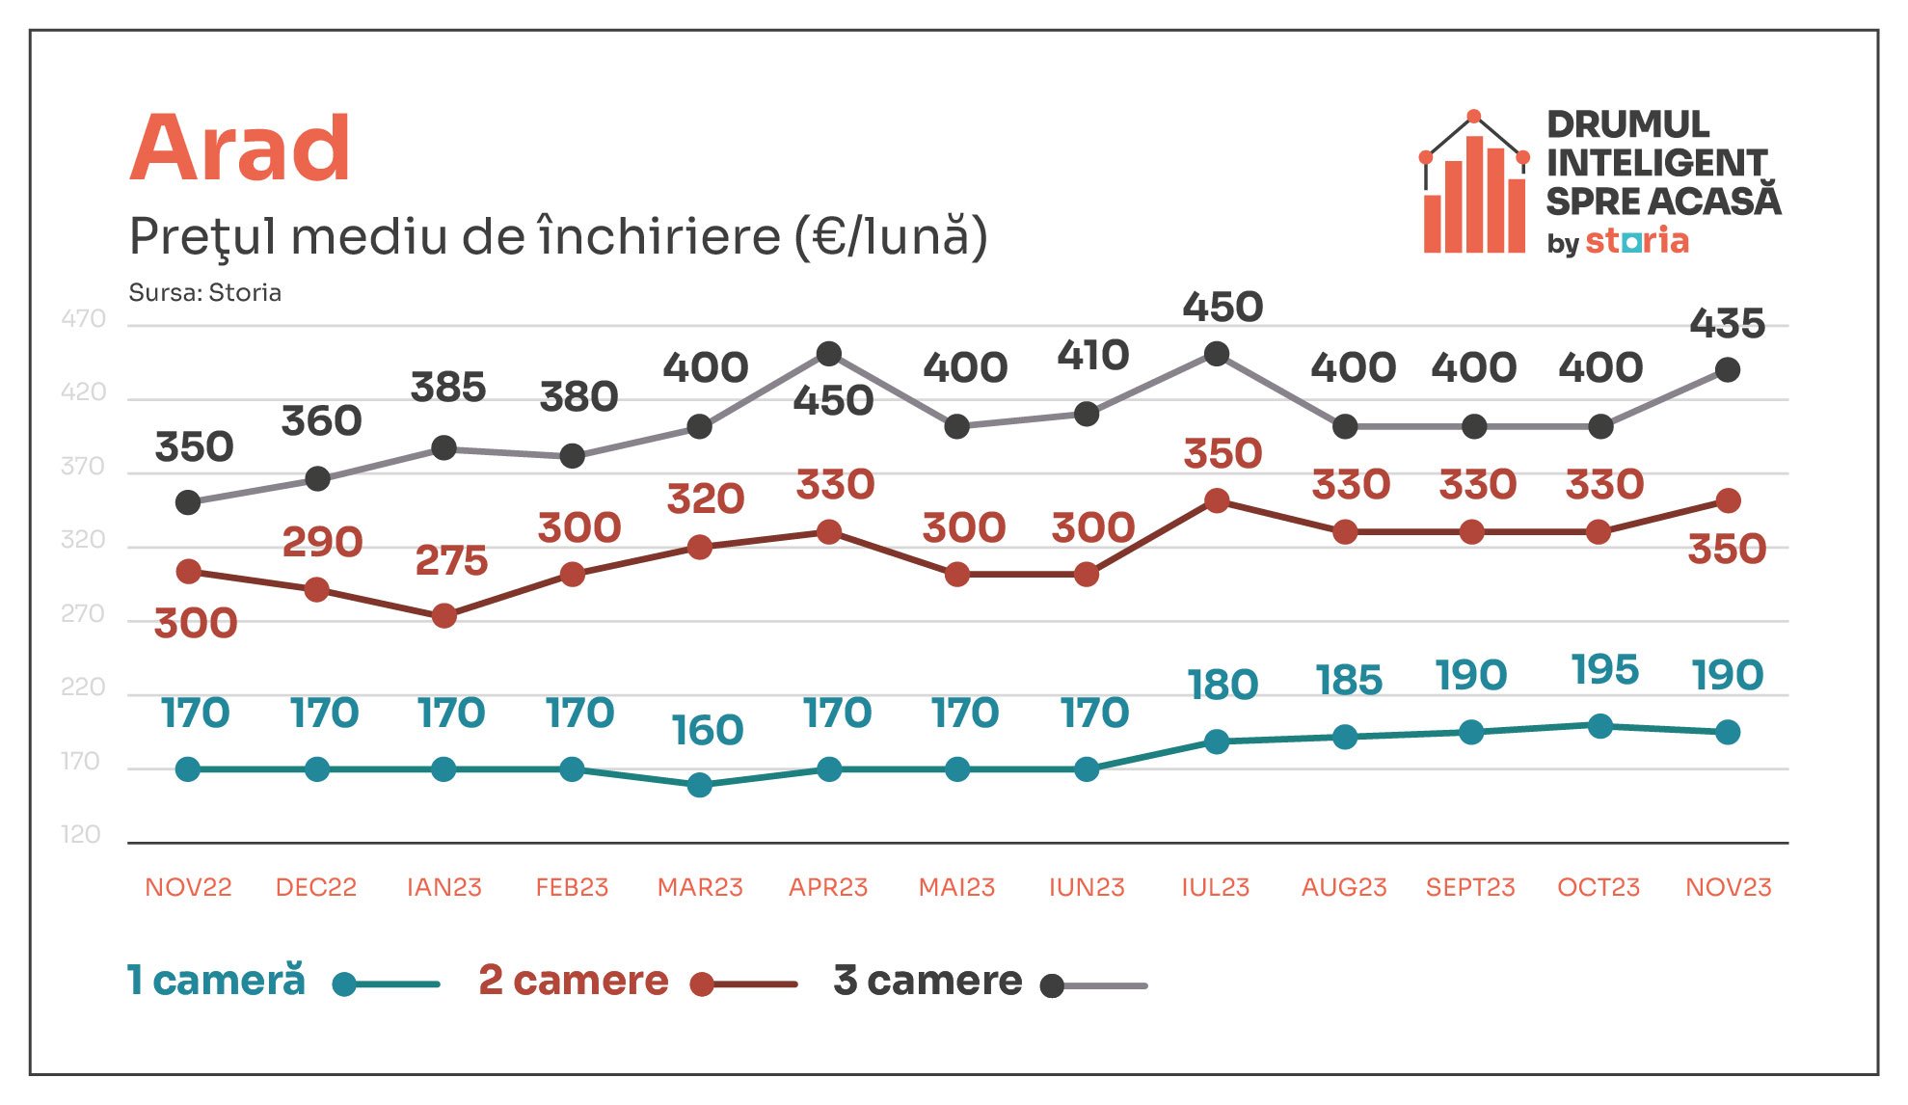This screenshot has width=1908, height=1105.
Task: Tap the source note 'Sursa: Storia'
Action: [205, 293]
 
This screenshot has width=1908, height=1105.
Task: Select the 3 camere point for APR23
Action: [829, 354]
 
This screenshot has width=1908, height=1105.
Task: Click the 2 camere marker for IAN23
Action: [444, 615]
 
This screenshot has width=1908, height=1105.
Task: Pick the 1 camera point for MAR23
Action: [700, 785]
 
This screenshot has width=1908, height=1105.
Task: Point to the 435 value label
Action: [1728, 324]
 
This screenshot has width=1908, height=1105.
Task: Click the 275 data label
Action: [451, 560]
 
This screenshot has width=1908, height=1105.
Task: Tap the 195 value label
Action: [1605, 670]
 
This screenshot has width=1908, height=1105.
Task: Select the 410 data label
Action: [1093, 356]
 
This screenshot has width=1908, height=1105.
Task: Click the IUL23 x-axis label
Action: [1216, 887]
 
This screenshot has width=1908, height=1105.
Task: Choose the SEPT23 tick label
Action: [1470, 887]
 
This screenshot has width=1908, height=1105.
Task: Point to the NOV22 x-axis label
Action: [188, 887]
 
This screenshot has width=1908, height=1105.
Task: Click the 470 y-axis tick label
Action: [83, 319]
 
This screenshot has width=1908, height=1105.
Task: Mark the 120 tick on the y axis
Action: [81, 834]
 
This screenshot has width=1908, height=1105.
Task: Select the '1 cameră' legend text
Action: [217, 980]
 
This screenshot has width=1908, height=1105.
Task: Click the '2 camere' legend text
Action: [574, 981]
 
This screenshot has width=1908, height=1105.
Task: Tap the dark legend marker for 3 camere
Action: [1053, 985]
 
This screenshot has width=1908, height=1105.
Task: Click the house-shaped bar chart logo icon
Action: [1474, 182]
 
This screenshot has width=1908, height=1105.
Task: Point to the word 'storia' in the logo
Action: [1637, 240]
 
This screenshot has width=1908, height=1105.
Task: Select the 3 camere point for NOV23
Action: [1728, 369]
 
